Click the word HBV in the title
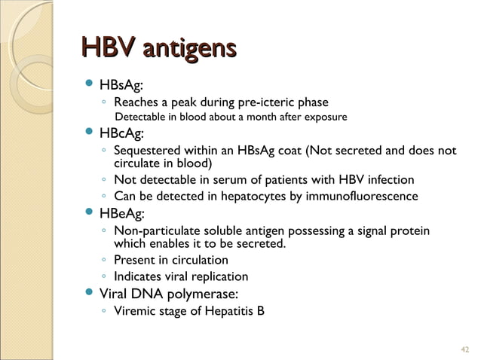[x=107, y=50]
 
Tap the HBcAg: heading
[x=131, y=133]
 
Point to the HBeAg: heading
[x=132, y=214]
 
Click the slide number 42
[x=464, y=347]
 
